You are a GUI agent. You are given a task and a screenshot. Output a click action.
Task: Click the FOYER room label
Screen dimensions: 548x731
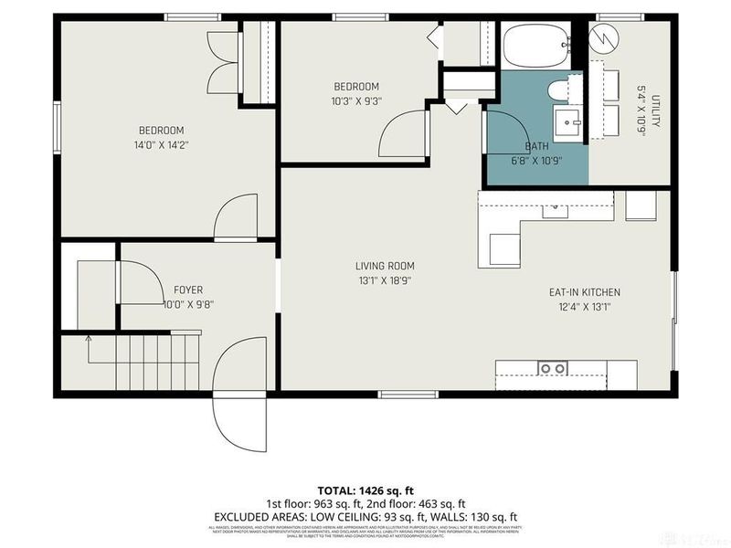coord(187,290)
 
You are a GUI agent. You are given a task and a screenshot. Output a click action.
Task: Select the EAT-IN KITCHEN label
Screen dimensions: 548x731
coord(584,292)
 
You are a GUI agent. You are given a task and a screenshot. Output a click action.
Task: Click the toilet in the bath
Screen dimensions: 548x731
coord(558,90)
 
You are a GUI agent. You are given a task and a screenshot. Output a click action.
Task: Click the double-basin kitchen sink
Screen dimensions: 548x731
coord(551,368)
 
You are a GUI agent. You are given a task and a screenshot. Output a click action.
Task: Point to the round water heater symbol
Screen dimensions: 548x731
coord(603,38)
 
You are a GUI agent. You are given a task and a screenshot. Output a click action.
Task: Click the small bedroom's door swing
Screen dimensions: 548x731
coord(403,135)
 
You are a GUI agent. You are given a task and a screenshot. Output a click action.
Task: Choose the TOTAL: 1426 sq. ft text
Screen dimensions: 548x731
coord(365,490)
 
